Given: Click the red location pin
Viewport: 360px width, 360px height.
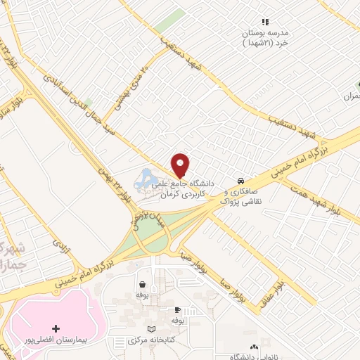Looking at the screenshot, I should point(181,165).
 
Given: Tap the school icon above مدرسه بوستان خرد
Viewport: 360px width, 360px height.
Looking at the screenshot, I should point(265,22).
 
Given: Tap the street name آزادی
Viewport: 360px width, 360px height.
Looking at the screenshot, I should point(58,245).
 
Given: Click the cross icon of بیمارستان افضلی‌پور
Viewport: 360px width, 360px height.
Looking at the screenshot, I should point(56,328).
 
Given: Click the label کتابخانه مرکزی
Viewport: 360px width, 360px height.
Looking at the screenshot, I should point(148,342).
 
